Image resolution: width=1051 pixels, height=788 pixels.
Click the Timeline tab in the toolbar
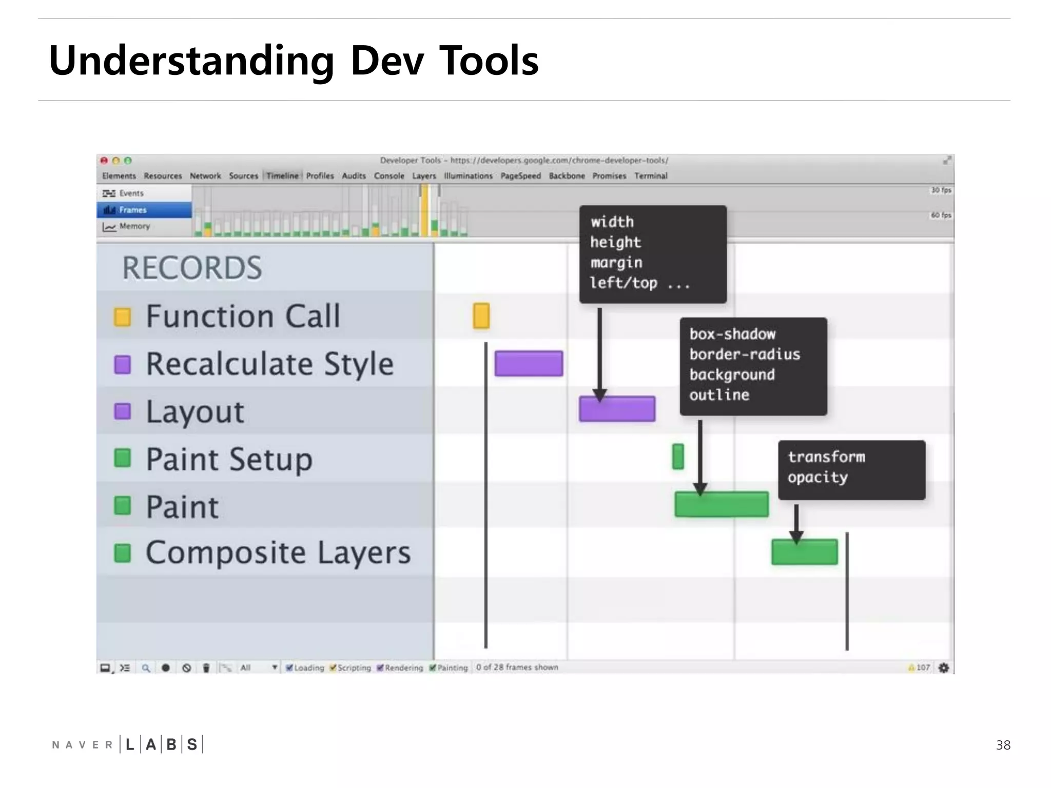[282, 176]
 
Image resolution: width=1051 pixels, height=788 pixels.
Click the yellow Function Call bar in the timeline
[481, 316]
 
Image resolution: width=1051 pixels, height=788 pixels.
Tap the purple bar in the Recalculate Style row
[529, 363]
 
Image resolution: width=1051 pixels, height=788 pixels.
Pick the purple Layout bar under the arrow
[617, 409]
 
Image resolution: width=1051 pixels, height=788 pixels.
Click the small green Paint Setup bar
[678, 457]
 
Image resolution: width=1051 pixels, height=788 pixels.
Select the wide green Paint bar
[721, 504]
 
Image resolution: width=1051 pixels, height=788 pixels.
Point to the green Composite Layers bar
[804, 552]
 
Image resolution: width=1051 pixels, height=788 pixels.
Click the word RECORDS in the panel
[192, 268]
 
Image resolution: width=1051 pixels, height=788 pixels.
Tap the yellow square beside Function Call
[122, 317]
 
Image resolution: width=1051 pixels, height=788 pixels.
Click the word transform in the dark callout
[826, 457]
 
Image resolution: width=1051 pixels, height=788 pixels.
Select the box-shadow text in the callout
[732, 334]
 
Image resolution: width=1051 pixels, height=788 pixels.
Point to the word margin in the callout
[616, 263]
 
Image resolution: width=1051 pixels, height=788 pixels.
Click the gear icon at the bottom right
[943, 667]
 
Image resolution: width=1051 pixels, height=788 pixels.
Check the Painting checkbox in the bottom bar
[433, 667]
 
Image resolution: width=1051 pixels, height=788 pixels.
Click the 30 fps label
[941, 190]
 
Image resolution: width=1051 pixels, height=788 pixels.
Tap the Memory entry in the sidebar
[134, 226]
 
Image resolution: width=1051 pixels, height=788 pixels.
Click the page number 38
[1003, 745]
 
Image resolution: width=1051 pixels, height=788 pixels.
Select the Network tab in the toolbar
[205, 176]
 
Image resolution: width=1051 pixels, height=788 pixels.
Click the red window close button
[104, 161]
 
